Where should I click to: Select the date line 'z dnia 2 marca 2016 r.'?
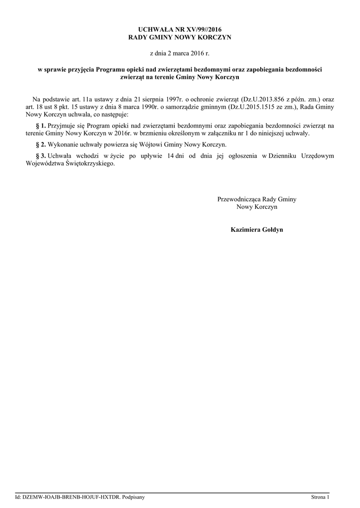coord(180,53)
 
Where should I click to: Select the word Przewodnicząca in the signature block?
coord(239,199)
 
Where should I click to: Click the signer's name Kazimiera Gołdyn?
coord(257,230)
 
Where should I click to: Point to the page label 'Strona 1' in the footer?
coord(320,497)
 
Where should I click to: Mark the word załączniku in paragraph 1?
coord(218,133)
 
